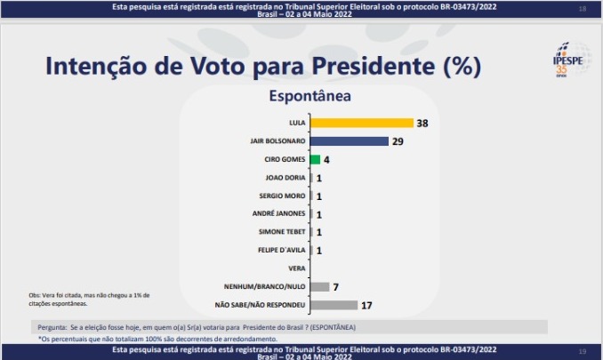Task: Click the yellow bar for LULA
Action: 362,123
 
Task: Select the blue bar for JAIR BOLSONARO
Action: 350,141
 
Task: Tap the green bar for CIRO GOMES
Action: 315,160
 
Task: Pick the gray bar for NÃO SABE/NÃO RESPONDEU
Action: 334,305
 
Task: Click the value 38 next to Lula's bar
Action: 422,123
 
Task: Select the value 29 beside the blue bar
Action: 398,141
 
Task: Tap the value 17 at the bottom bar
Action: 366,305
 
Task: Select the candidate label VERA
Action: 298,268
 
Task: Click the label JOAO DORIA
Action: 284,178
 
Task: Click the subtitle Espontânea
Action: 310,95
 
